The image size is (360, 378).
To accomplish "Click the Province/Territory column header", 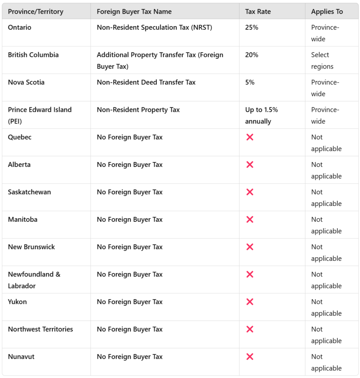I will (35, 11).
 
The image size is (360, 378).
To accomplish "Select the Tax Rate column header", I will (258, 11).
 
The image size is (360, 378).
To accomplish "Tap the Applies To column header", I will (327, 11).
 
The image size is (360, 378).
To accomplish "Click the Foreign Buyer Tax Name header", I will (134, 11).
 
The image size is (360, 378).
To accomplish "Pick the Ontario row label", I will (20, 27).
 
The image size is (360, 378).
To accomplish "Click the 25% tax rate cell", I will (251, 27).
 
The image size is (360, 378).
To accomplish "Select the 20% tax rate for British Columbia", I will (251, 55).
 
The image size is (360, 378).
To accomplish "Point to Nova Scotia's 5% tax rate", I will (249, 82).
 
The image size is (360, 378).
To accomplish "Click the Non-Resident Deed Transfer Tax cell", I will (146, 82).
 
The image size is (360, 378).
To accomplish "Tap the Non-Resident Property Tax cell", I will (138, 110).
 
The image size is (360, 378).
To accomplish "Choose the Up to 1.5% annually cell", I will (261, 115).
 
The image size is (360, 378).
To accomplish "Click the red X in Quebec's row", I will (249, 137).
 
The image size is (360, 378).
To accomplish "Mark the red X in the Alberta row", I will (249, 164).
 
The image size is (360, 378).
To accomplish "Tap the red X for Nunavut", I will (249, 357).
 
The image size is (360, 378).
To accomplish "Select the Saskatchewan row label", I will (30, 192).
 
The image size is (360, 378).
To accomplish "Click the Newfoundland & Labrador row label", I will (34, 280).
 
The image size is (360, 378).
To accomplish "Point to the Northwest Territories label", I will (40, 329).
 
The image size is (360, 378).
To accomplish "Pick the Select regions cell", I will (322, 61).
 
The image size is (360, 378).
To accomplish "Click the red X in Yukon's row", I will (249, 302).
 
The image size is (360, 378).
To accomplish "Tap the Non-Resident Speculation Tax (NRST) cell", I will (154, 27).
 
